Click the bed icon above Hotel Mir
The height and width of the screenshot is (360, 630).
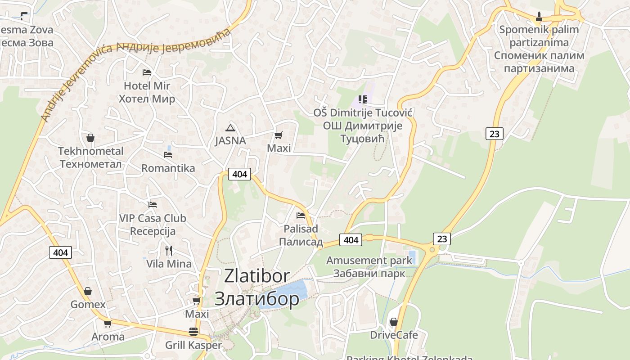[x=146, y=72]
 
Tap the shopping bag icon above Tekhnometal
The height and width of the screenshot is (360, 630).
[x=90, y=138]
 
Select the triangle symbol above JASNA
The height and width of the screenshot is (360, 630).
[x=230, y=128]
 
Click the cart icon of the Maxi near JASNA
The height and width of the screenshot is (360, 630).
[x=279, y=135]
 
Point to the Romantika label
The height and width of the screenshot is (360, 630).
[x=168, y=168]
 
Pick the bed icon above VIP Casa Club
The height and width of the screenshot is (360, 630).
[x=153, y=205]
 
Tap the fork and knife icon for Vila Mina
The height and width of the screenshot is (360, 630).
[x=169, y=250]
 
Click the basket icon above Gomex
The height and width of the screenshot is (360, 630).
[x=88, y=291]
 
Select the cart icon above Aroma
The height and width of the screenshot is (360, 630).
[x=108, y=324]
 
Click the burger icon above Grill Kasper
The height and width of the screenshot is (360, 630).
[x=193, y=332]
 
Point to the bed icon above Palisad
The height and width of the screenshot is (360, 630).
[x=301, y=215]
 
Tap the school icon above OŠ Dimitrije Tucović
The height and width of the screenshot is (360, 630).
[x=362, y=99]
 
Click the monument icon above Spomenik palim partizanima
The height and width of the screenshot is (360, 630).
[x=539, y=17]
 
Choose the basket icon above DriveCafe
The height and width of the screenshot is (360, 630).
[x=394, y=322]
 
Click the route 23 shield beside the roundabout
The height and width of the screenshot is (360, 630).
[x=442, y=239]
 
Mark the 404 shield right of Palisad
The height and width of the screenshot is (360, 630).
[x=351, y=240]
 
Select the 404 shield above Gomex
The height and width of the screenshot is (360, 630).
[x=60, y=252]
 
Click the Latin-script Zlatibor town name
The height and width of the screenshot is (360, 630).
[x=257, y=276]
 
